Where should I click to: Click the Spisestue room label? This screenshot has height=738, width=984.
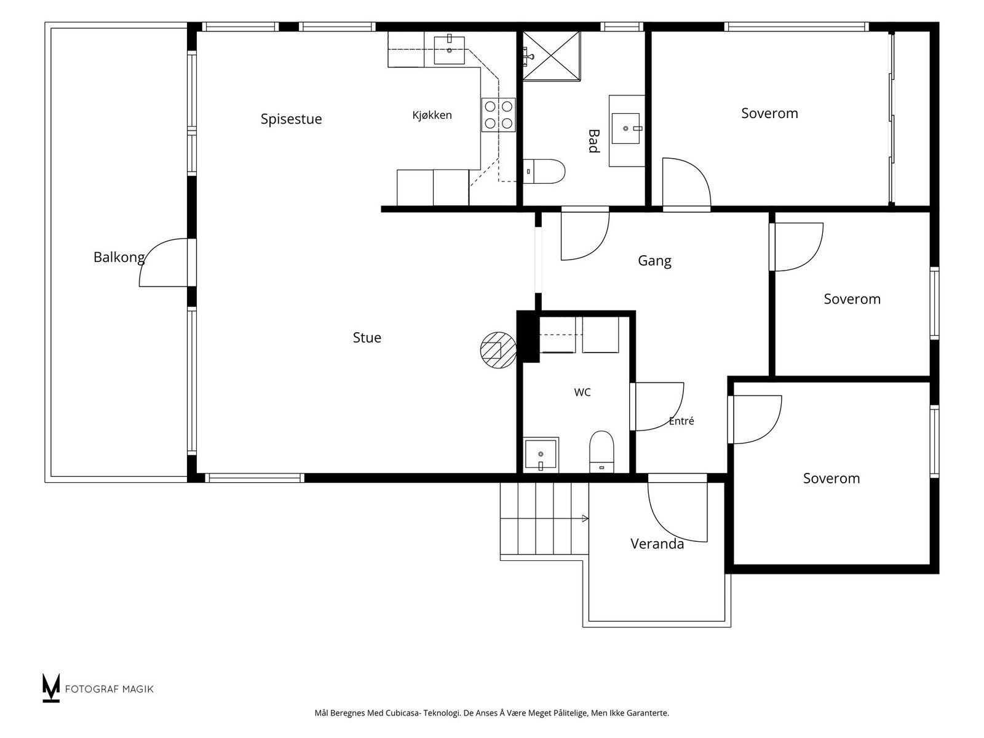291,119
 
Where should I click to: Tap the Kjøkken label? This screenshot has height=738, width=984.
432,115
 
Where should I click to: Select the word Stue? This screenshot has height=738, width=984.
367,338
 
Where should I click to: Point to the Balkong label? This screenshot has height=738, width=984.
119,258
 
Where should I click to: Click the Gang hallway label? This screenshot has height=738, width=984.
654,261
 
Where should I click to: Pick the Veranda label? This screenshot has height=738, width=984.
657,544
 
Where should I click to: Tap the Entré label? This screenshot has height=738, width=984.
681,421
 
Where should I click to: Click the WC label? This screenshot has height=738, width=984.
582,392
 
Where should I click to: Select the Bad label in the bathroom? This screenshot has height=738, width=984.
593,141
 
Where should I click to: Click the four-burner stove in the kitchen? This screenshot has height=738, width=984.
499,115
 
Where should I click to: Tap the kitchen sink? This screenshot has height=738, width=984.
449,50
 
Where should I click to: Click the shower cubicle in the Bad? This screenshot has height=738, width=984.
552,56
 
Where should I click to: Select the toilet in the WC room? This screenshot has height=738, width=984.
601,451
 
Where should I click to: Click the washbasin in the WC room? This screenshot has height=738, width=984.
541,454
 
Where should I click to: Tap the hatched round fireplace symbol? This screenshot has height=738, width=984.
498,350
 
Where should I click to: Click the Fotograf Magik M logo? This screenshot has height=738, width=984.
50,688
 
